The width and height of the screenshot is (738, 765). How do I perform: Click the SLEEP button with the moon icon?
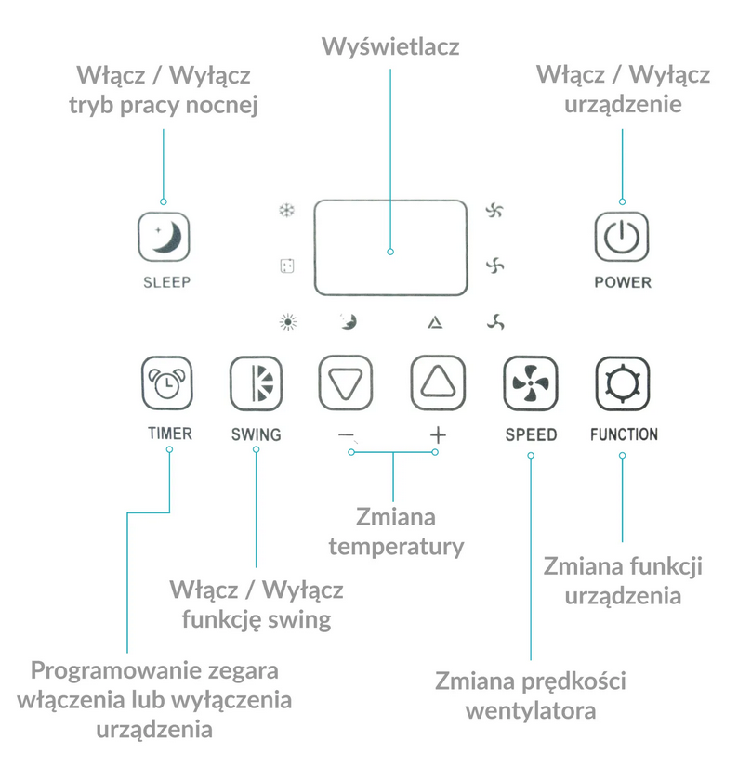pyautogui.click(x=164, y=237)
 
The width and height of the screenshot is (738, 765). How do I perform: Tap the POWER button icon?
pyautogui.click(x=622, y=237)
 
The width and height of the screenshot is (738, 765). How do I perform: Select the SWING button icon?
pyautogui.click(x=256, y=383)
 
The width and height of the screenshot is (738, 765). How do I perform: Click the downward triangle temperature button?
pyautogui.click(x=346, y=383)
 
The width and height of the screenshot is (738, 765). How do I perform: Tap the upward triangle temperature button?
pyautogui.click(x=438, y=383)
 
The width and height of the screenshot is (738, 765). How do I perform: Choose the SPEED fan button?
pyautogui.click(x=531, y=383)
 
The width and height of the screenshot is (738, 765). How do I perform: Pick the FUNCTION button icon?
pyautogui.click(x=622, y=383)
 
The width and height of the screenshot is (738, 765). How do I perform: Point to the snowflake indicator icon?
pyautogui.click(x=286, y=211)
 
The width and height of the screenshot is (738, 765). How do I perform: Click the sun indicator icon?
pyautogui.click(x=288, y=322)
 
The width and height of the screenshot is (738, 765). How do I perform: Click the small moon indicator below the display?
pyautogui.click(x=349, y=321)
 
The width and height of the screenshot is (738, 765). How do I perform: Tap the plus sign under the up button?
pyautogui.click(x=438, y=434)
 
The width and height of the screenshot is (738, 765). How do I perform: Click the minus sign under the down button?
pyautogui.click(x=346, y=434)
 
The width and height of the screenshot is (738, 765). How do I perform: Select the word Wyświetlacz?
pyautogui.click(x=390, y=47)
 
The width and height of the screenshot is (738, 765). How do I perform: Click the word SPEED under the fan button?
pyautogui.click(x=531, y=434)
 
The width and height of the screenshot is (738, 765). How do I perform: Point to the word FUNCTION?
pyautogui.click(x=624, y=434)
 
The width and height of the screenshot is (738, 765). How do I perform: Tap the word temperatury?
pyautogui.click(x=396, y=547)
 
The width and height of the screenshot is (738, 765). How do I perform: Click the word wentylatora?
pyautogui.click(x=531, y=711)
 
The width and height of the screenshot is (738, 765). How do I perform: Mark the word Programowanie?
pyautogui.click(x=115, y=671)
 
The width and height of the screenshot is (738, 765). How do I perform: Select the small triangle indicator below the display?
pyautogui.click(x=435, y=322)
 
